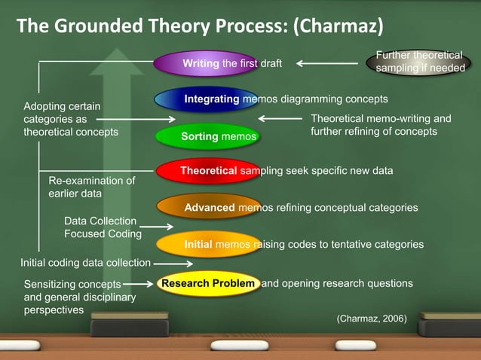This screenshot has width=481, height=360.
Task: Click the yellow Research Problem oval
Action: coord(210,284)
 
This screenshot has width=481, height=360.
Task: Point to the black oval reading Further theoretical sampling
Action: coord(420,62)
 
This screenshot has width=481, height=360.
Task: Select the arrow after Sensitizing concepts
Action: coord(139,285)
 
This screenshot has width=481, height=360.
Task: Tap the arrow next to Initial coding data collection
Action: coord(173,264)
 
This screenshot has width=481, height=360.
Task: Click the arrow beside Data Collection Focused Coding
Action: coord(157,226)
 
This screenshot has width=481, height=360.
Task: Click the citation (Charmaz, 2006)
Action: coord(371,319)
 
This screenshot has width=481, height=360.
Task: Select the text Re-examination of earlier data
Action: coord(91,187)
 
